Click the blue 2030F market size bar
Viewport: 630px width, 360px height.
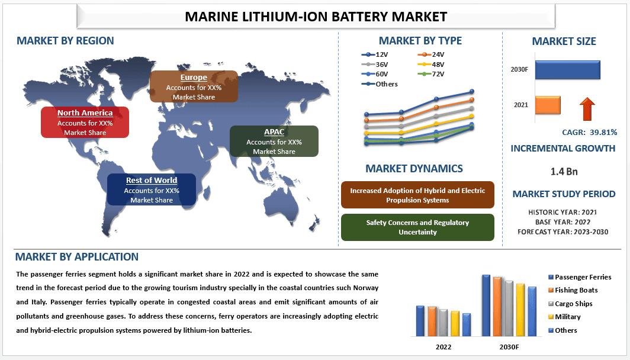click(x=567, y=70)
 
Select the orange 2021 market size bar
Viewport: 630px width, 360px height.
click(x=547, y=105)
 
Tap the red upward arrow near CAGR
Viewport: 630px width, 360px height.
click(x=587, y=110)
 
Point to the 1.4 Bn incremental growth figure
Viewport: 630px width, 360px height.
click(x=564, y=172)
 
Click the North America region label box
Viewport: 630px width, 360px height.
click(x=85, y=122)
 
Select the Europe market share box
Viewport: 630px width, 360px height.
click(x=194, y=86)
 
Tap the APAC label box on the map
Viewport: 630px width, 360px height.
click(x=274, y=141)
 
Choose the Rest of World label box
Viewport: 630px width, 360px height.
click(x=152, y=189)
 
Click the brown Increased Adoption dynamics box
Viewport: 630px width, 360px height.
click(x=417, y=195)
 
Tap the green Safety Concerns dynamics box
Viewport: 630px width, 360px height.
click(x=417, y=227)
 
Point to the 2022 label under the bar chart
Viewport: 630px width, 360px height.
click(x=443, y=346)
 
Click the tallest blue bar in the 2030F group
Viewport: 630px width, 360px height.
click(x=486, y=305)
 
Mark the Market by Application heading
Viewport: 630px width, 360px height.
click(x=77, y=257)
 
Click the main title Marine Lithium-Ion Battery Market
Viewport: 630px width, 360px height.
click(x=316, y=16)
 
